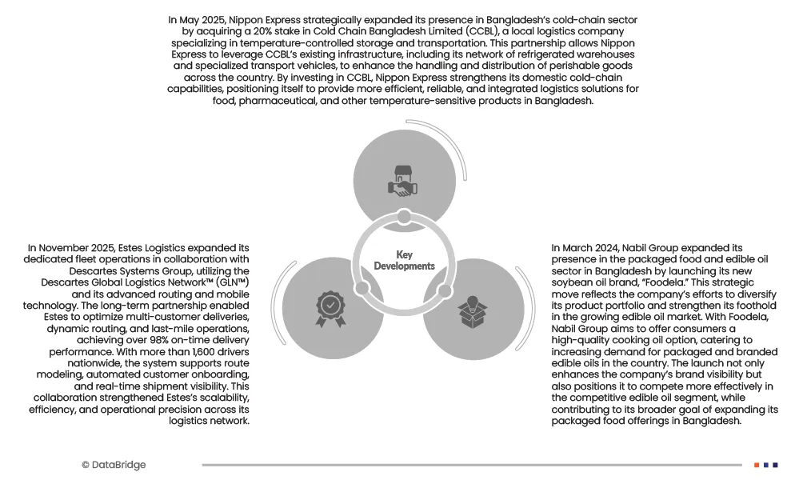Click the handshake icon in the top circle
403,180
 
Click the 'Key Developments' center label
404,261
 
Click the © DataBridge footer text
114,465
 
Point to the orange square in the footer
757,465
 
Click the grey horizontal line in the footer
472,465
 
